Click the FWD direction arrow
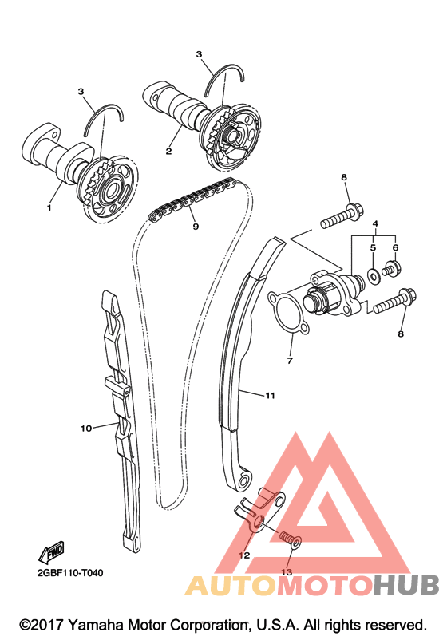coord(52,552)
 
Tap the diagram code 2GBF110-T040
coord(70,573)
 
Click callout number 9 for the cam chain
coord(196,227)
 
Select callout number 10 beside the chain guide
coord(86,428)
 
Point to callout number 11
coord(270,395)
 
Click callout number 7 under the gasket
coord(290,360)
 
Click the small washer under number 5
coord(373,275)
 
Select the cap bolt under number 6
coord(392,268)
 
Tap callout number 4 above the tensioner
coord(375,223)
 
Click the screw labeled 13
coord(291,539)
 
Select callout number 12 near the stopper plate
coord(244,555)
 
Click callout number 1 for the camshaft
coord(49,207)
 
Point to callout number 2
coord(168,152)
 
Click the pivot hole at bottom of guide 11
coord(243,482)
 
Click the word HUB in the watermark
coord(406,585)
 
